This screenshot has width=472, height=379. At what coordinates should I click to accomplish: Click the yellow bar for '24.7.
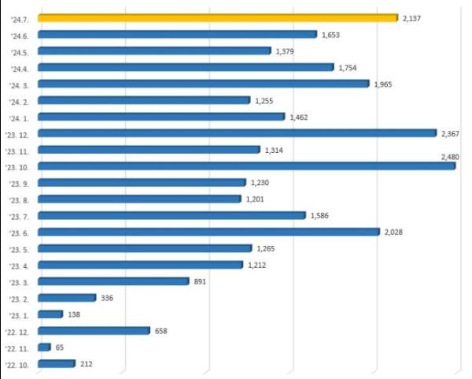(x=217, y=17)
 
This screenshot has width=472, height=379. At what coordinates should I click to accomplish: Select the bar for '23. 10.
(x=245, y=166)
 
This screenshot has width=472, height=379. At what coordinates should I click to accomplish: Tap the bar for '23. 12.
(x=236, y=133)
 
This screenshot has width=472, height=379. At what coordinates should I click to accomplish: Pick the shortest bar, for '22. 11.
(x=44, y=347)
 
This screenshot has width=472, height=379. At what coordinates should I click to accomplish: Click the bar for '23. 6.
(x=208, y=232)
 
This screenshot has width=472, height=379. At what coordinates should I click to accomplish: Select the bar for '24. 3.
(x=203, y=84)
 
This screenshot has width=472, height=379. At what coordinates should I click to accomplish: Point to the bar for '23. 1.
(x=50, y=314)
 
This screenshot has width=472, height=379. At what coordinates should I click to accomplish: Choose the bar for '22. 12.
(x=93, y=331)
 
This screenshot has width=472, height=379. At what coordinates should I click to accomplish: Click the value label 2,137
(x=412, y=18)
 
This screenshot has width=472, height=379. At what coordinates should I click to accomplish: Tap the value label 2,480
(x=451, y=158)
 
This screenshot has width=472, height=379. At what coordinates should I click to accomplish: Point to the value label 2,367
(x=451, y=133)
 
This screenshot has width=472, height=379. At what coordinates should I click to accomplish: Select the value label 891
(x=200, y=281)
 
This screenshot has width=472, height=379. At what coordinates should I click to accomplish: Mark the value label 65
(x=61, y=347)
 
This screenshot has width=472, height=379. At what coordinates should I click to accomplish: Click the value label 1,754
(x=348, y=68)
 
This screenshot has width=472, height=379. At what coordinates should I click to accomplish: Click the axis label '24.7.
(x=19, y=18)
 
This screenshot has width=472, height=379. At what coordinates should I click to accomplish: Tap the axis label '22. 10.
(x=17, y=364)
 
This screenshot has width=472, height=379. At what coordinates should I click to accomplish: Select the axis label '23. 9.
(x=18, y=183)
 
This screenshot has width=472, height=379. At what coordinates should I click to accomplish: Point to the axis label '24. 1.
(x=18, y=117)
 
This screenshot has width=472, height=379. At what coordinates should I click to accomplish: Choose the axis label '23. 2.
(x=18, y=298)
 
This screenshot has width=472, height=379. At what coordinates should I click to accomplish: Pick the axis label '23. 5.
(x=18, y=249)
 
